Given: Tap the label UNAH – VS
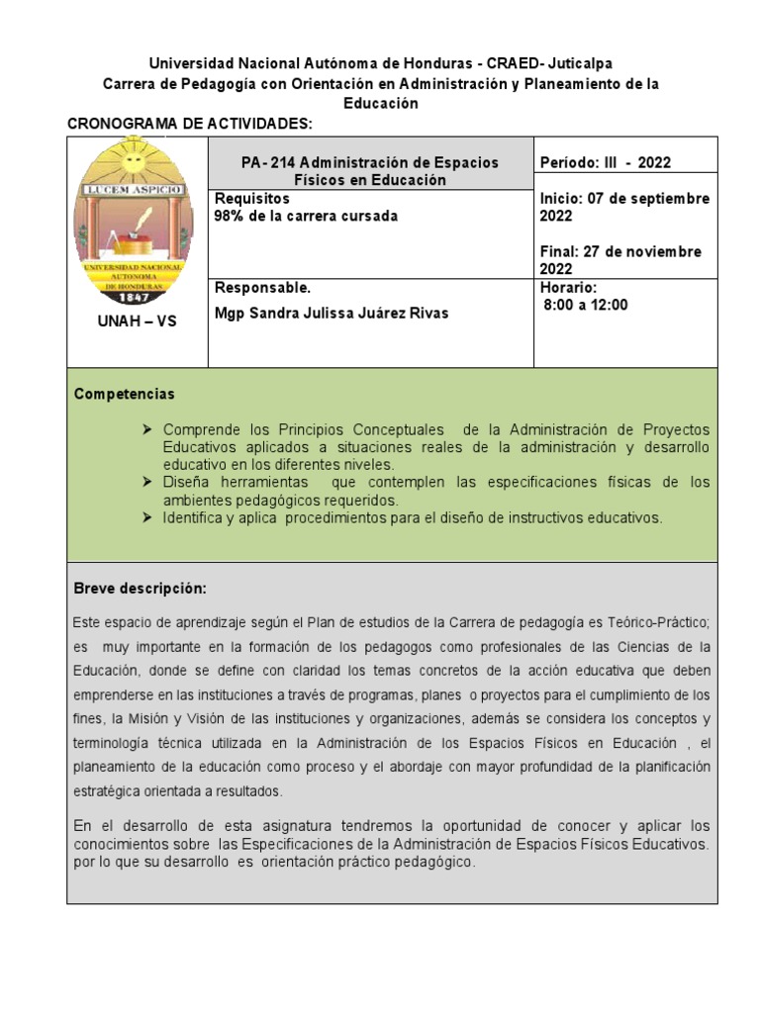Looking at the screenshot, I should (137, 322).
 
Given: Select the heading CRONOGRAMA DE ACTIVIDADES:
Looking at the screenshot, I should (189, 123).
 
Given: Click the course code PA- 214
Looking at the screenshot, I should (268, 162).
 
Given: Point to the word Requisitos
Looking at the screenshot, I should (251, 199).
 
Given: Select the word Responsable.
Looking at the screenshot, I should (262, 288).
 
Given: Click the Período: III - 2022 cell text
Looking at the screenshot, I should (606, 163).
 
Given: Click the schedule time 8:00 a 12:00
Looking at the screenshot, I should (586, 306).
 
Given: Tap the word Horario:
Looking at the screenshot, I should (569, 288).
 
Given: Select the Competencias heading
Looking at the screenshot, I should (125, 394).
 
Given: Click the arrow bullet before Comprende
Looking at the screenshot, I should (148, 429).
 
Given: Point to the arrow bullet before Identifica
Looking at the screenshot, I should (148, 517).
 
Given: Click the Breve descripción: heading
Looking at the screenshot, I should (141, 589).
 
